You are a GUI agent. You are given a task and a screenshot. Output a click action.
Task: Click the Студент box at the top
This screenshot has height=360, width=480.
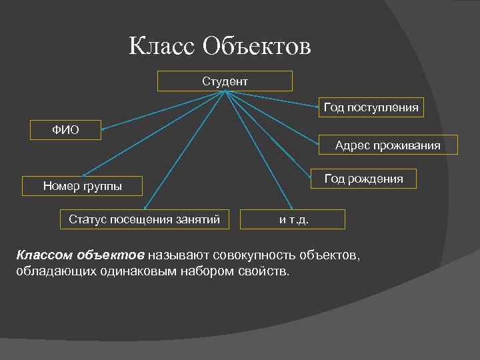(225, 81)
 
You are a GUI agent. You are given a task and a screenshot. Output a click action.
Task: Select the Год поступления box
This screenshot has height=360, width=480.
(371, 107)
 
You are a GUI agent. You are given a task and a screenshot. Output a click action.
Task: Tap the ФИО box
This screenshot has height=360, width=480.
(66, 130)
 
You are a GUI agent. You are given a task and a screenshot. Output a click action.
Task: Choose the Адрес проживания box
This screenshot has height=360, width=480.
(387, 145)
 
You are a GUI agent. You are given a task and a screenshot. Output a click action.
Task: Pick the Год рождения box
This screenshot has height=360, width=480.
(363, 179)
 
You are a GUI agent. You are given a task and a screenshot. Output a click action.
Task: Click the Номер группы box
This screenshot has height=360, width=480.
(83, 186)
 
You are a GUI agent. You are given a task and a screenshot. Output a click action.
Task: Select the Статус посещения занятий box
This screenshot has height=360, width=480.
(145, 219)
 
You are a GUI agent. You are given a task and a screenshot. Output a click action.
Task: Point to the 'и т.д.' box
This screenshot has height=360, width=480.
(293, 219)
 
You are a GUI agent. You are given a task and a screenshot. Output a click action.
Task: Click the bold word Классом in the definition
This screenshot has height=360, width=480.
(44, 255)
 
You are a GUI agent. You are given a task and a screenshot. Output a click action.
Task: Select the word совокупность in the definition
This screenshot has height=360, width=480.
(255, 255)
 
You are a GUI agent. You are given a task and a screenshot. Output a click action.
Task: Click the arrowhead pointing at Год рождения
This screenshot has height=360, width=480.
(311, 175)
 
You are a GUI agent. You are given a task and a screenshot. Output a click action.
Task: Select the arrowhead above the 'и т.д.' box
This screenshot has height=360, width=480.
(291, 207)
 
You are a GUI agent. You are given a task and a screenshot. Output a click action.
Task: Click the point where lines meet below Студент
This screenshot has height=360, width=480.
(225, 92)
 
